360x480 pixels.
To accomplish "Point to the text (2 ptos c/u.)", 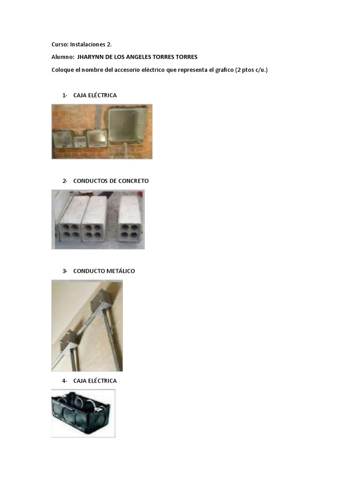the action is tap(251, 70).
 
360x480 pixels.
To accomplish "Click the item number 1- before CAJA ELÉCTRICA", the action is tap(65, 96).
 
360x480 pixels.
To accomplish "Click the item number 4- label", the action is tap(65, 381).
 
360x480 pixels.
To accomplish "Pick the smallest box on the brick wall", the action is tap(80, 142).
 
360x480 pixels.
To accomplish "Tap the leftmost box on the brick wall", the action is tap(62, 139).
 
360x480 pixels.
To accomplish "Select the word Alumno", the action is tap(63, 57).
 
